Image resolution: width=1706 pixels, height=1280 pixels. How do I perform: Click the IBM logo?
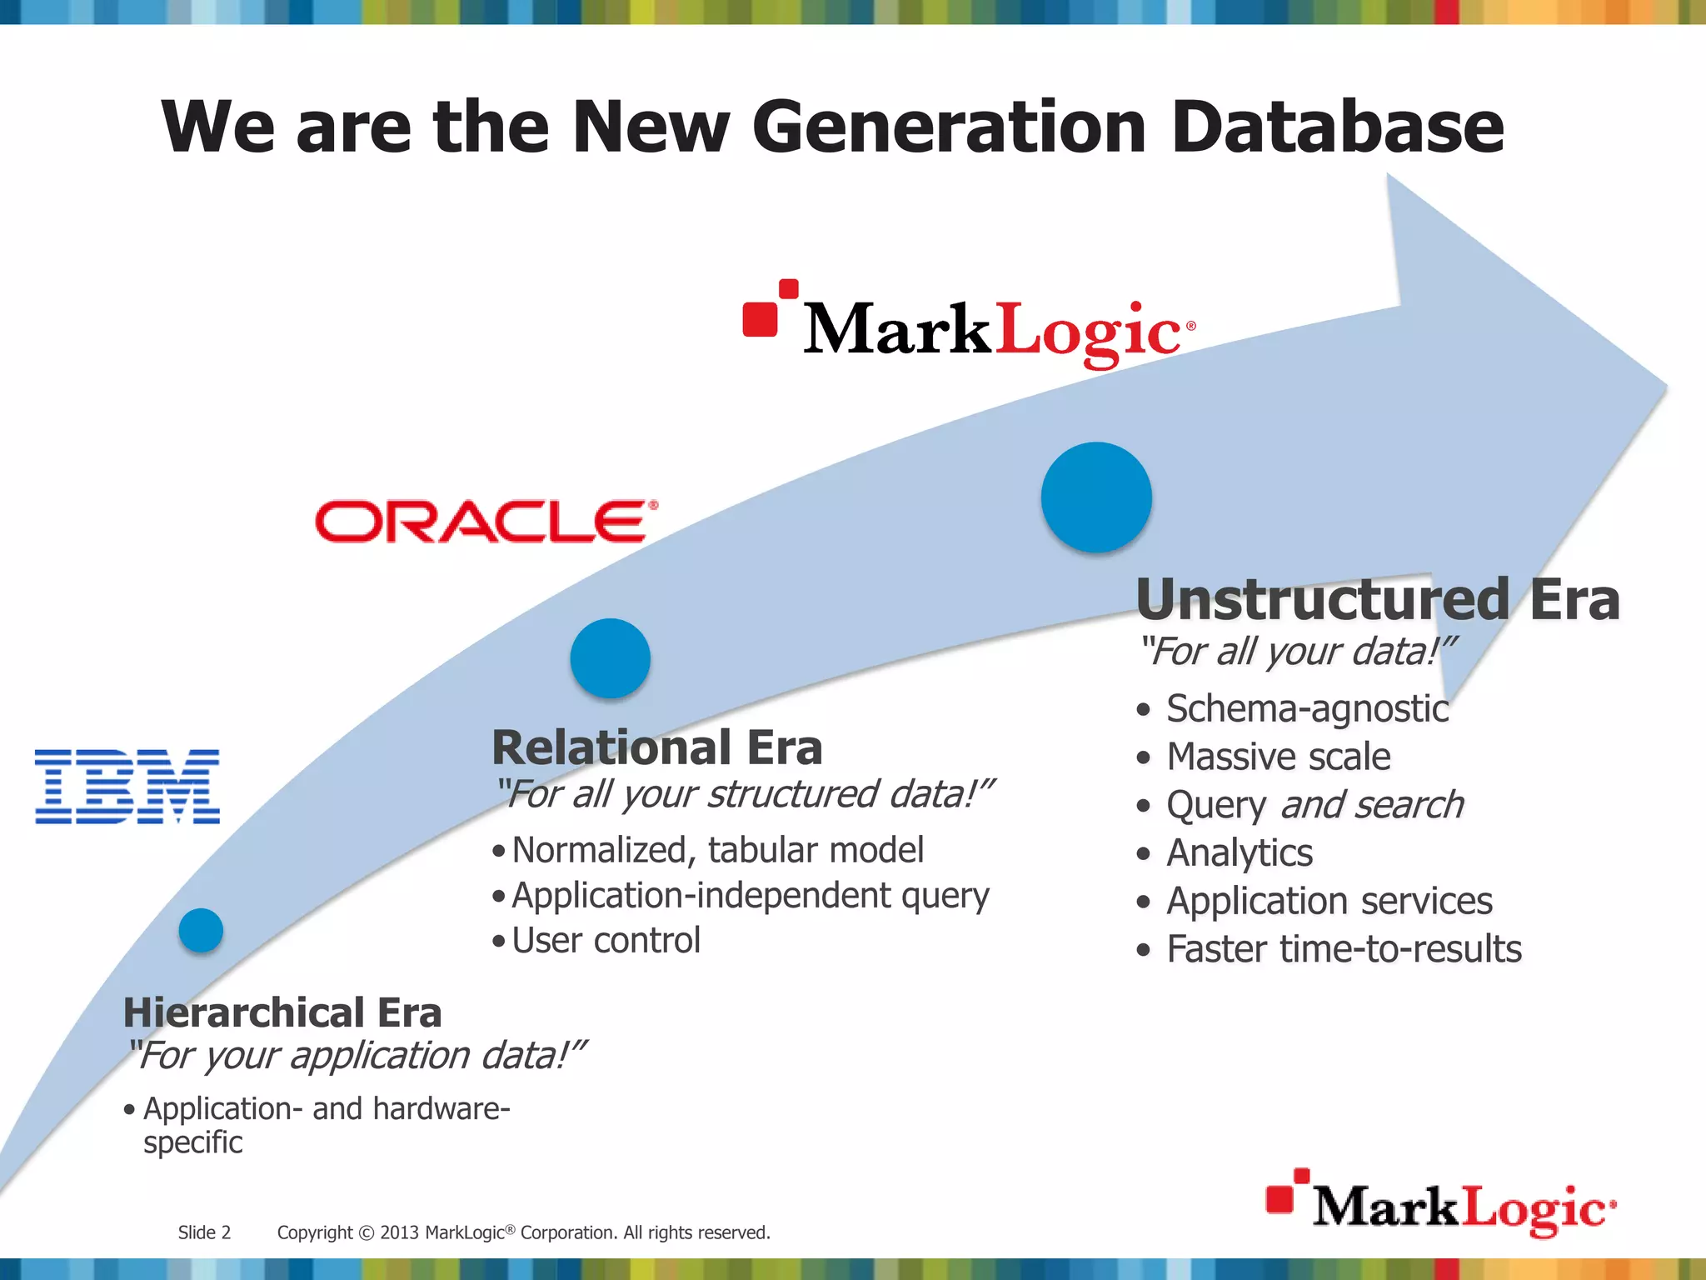tap(127, 786)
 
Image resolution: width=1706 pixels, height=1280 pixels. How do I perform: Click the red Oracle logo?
tap(486, 522)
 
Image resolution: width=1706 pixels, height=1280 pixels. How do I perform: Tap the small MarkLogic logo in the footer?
tap(1440, 1204)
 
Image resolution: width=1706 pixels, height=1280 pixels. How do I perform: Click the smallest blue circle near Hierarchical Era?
tap(201, 930)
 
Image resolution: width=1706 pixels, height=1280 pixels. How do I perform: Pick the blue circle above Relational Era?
tap(610, 658)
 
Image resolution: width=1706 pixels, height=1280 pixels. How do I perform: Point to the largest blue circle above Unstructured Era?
tap(1096, 497)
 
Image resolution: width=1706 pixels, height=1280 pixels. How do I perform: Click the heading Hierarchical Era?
tap(282, 1012)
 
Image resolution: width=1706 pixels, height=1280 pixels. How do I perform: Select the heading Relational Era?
tap(656, 747)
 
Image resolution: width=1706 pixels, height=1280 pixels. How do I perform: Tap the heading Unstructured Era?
tap(1377, 599)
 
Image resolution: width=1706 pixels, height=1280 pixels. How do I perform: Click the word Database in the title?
tap(1337, 127)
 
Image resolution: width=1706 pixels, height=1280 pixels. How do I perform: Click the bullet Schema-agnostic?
tap(1306, 709)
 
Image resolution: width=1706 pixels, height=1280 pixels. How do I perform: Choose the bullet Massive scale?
tap(1278, 757)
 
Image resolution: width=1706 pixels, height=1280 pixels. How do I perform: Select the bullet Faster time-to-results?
tap(1343, 949)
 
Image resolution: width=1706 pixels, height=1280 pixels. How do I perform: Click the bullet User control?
tap(606, 941)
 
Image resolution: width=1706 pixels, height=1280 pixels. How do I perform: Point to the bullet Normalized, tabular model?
tap(716, 850)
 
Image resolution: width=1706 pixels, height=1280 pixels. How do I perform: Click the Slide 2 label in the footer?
tap(204, 1232)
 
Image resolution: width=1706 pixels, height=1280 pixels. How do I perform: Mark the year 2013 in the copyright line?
tap(400, 1232)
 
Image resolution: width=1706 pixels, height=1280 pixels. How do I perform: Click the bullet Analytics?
tap(1239, 853)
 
